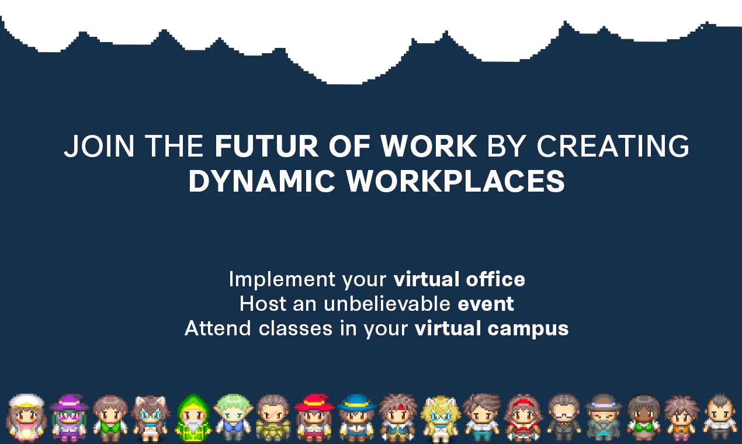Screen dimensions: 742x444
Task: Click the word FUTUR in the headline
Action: coord(266,146)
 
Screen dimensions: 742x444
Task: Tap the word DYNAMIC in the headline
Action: coord(262,181)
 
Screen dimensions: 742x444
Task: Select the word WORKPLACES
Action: coord(456,181)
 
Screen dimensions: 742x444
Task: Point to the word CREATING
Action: coord(613,146)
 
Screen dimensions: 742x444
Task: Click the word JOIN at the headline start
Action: coord(99,146)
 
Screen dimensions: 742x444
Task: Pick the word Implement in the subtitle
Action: coord(282,280)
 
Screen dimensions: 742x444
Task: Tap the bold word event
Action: coord(486,304)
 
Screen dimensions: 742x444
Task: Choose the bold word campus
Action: coord(528,329)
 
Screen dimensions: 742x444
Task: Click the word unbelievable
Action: coord(387,303)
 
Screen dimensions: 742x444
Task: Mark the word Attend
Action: coord(217,328)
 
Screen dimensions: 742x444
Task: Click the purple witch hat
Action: coord(69,402)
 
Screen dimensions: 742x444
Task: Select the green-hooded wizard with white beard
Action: coord(193,417)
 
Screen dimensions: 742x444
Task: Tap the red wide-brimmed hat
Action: coord(314,402)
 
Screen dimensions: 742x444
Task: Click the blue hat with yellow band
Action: coord(356,402)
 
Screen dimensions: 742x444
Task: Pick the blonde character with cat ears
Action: coord(441,418)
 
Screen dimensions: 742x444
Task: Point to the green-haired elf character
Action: coord(233,417)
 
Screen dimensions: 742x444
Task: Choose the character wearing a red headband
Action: coord(523,418)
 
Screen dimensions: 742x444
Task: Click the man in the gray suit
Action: coord(564,418)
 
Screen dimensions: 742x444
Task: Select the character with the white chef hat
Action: coord(26,418)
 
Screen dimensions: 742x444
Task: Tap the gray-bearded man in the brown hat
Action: coord(604,418)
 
